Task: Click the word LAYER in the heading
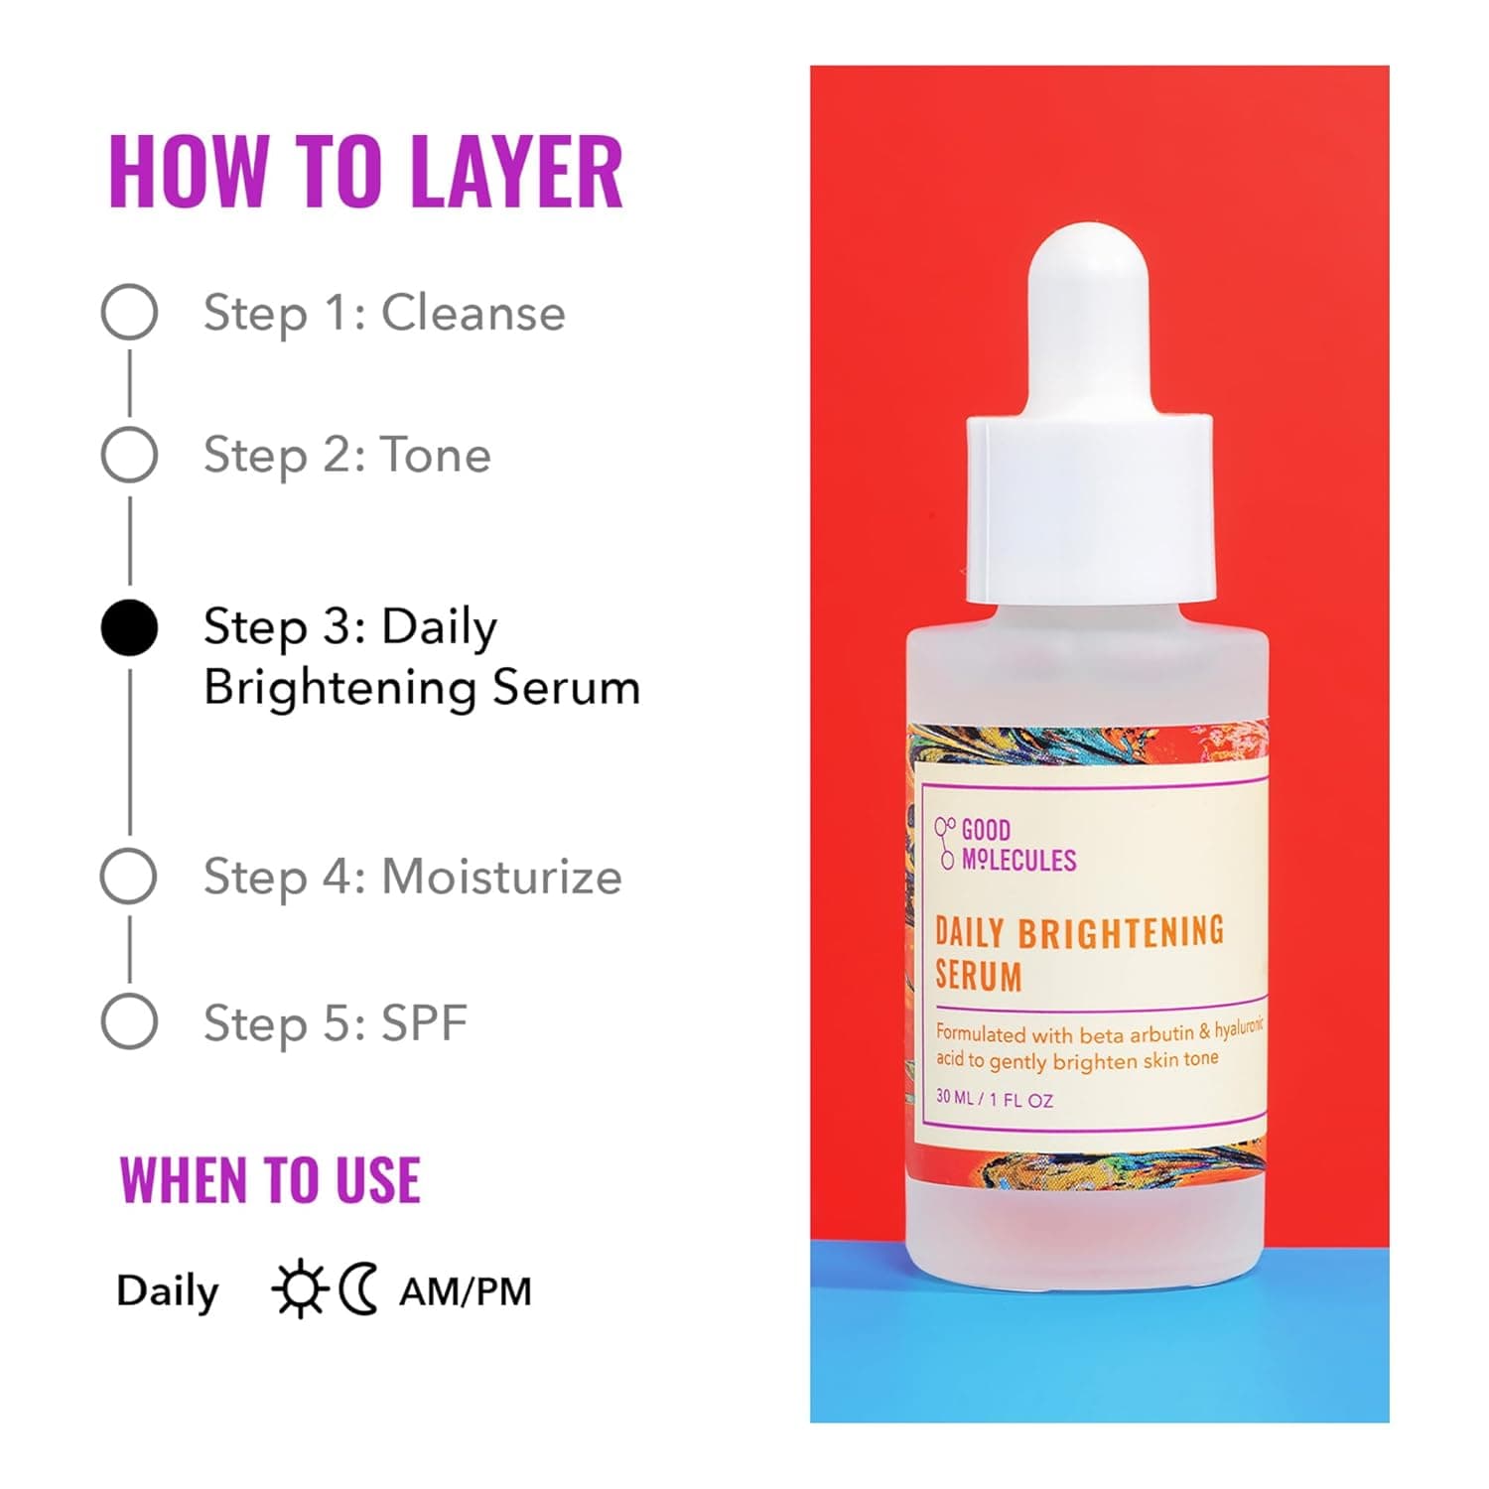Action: [516, 172]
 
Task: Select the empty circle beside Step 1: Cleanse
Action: [129, 313]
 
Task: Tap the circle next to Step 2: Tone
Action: [129, 455]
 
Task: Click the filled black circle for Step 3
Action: [129, 628]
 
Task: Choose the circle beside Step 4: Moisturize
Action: [129, 877]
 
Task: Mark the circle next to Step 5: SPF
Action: [129, 1021]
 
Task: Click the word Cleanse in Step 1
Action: [474, 313]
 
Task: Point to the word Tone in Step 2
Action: [437, 455]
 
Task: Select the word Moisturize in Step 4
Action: [501, 877]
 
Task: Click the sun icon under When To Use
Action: [300, 1289]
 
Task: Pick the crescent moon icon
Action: [358, 1289]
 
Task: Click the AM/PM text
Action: [466, 1291]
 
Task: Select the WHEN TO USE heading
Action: [270, 1180]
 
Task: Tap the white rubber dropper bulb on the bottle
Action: [1088, 318]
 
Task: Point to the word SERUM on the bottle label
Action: [979, 975]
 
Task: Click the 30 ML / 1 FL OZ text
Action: [995, 1099]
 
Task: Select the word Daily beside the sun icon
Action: [167, 1291]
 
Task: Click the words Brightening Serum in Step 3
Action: [422, 687]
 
